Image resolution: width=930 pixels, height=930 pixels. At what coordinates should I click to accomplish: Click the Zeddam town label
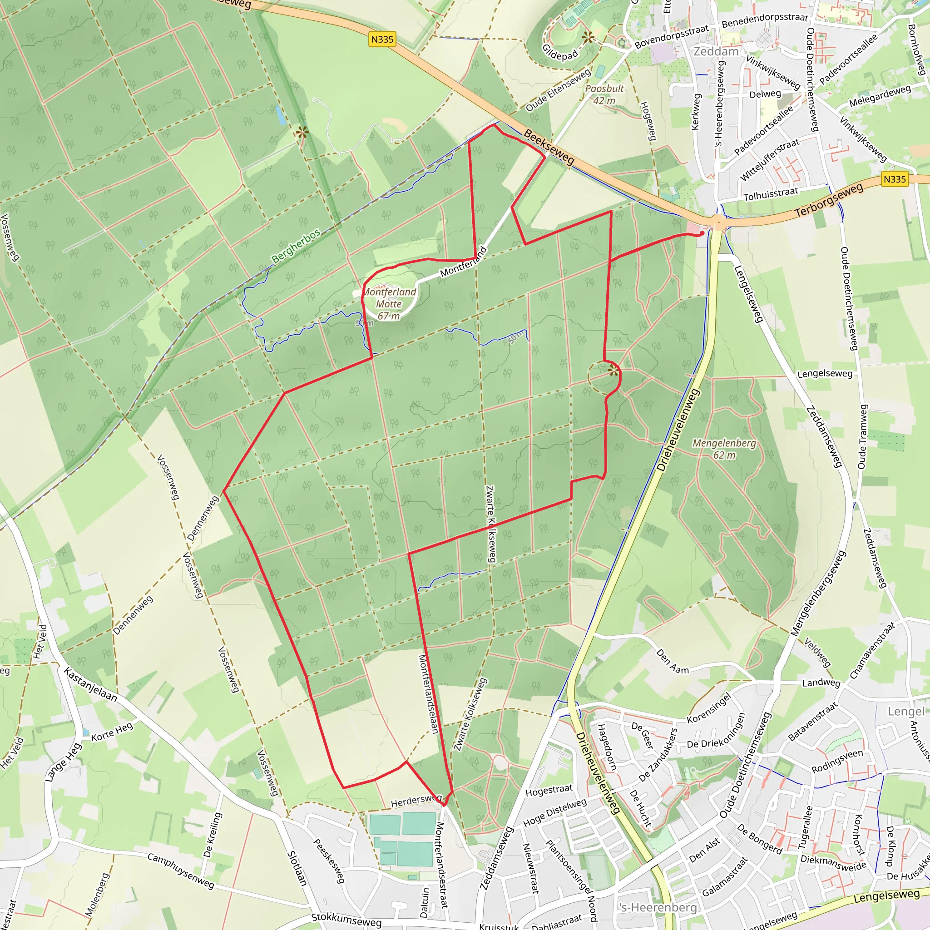coord(716,51)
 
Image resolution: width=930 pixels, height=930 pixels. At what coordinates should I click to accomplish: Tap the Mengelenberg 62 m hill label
coord(724,449)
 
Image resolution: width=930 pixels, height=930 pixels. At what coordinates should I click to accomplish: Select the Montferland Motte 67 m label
coord(389,304)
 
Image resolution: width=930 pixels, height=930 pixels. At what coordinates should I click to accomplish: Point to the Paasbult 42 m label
coord(604,94)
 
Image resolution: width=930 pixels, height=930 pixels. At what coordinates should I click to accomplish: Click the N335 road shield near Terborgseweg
coord(895,179)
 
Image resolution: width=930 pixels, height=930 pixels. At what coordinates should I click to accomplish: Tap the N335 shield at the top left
coord(382,39)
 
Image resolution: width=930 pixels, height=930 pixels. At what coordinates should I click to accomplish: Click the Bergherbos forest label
coord(296,246)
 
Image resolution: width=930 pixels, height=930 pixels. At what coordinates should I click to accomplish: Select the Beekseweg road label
coord(549,147)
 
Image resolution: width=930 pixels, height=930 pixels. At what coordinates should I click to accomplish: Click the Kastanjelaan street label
coord(90,684)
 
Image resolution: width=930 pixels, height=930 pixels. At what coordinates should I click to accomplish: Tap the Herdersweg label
coord(416,800)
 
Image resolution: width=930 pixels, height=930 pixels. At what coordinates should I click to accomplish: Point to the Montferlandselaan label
coord(428,694)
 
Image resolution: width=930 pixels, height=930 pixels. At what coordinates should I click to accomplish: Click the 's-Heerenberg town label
coord(658,907)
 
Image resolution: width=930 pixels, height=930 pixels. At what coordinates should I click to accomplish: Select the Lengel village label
coord(906,711)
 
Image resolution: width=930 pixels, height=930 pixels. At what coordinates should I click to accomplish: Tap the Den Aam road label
coord(673,661)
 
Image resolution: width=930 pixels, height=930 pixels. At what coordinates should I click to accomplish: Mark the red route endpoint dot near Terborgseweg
coord(702,233)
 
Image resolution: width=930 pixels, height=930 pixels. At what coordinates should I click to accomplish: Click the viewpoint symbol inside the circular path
coord(613,370)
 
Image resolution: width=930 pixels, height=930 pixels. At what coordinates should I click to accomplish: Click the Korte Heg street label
coord(112,732)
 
